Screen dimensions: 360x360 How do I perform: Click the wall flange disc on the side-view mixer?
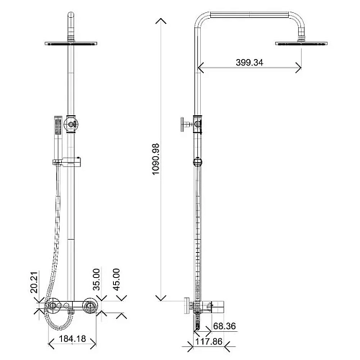(x=186, y=307)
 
